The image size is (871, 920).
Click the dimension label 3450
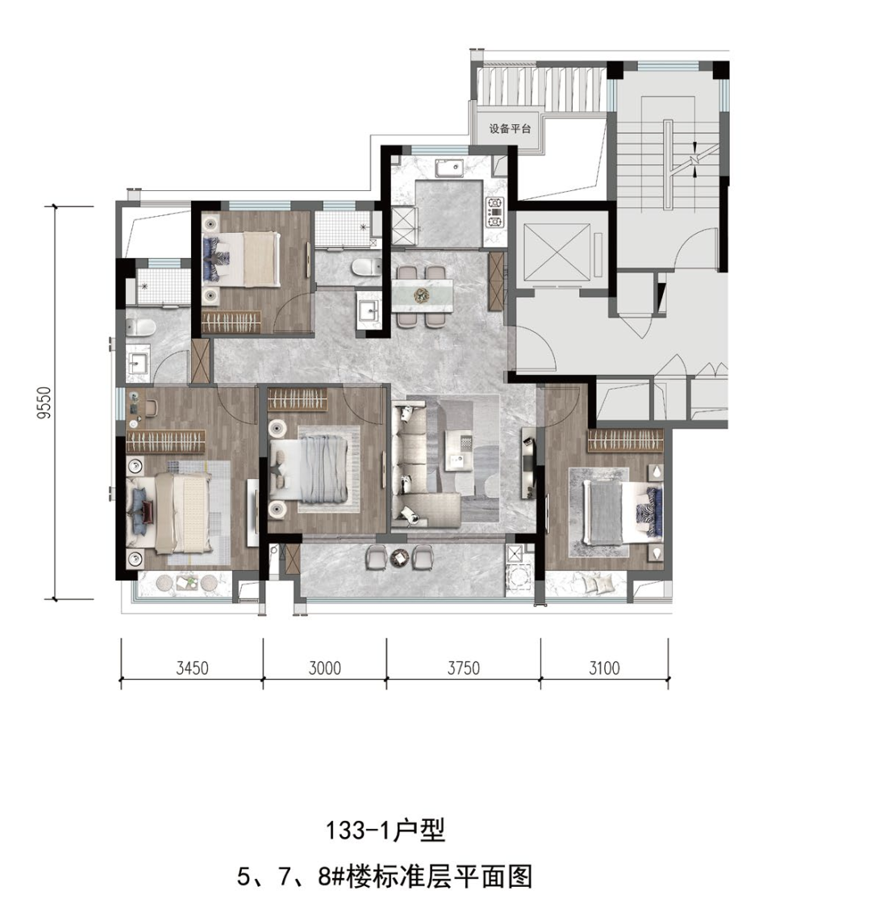[193, 668]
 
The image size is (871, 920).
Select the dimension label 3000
[324, 668]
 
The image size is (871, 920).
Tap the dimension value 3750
[464, 668]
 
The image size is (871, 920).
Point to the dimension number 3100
[605, 668]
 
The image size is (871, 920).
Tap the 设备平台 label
[510, 128]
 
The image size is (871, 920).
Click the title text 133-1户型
[385, 830]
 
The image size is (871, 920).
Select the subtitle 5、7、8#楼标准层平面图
[385, 877]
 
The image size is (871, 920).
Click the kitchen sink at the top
[449, 167]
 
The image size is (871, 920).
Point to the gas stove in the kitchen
[494, 212]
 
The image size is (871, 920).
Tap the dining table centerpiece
[423, 293]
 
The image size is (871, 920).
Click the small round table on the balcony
[400, 556]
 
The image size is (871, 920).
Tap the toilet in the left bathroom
[140, 327]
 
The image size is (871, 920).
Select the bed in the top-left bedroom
[241, 260]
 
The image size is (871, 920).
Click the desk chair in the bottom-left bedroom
[152, 406]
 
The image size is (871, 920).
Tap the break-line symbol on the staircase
[694, 159]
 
